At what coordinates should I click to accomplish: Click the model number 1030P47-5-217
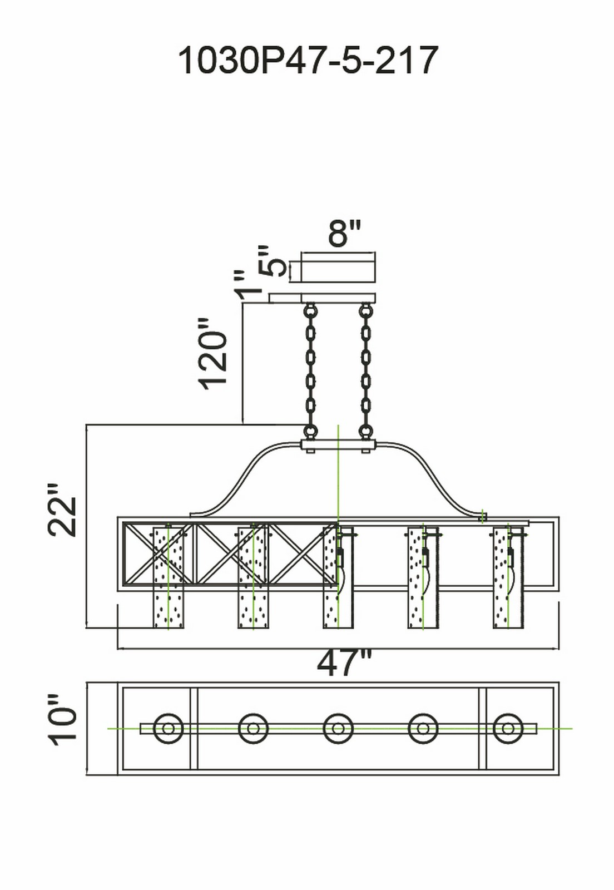coord(308,61)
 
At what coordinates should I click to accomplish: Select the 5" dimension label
coord(271,261)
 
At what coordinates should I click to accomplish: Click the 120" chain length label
coord(213,354)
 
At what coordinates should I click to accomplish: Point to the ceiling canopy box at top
coord(338,267)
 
